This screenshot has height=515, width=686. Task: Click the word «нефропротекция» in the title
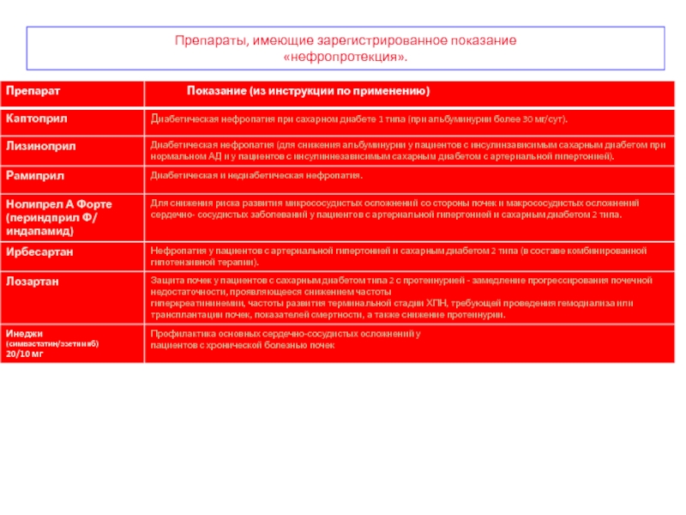click(345, 57)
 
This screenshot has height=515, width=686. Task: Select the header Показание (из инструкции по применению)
click(308, 91)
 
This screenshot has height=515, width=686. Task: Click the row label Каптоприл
click(37, 117)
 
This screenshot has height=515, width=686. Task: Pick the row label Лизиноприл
click(41, 146)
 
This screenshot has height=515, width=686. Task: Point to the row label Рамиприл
click(35, 175)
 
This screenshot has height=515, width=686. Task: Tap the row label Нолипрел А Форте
click(59, 203)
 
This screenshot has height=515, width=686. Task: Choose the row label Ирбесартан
click(39, 251)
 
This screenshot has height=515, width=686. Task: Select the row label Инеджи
click(25, 332)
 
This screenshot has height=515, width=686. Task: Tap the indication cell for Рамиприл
click(256, 175)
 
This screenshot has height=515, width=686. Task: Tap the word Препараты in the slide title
click(211, 40)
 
